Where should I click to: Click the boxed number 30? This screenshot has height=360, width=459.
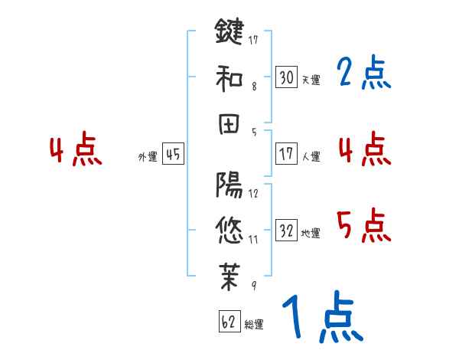point(287,77)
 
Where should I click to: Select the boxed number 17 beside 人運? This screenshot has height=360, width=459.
point(287,154)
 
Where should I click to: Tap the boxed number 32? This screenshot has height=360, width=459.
point(287,231)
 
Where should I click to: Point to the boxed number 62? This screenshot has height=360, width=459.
point(228,322)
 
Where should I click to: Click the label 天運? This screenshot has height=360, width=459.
point(311,80)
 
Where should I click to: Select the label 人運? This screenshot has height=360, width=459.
point(311,156)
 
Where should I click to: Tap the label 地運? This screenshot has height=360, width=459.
point(311,233)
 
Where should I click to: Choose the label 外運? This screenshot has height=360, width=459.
point(148,156)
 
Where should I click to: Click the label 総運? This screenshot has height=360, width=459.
point(253,324)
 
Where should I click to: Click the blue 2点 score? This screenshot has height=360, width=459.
point(363,74)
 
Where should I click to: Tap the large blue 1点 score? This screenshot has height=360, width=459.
point(321,318)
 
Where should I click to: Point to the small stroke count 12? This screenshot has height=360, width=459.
point(253,193)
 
